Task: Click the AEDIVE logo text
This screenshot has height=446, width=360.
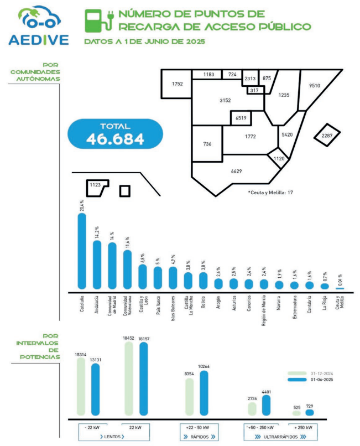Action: (x=39, y=40)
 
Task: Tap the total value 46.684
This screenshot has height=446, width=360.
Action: (x=115, y=139)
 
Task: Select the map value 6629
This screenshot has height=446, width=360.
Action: (x=236, y=171)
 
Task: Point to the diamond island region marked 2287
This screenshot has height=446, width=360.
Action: (x=327, y=135)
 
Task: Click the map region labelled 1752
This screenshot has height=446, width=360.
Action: (x=177, y=84)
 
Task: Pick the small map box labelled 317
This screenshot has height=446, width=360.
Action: (x=254, y=90)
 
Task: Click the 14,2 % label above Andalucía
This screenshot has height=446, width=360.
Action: (x=97, y=231)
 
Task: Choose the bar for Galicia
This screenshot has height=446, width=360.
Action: (x=203, y=281)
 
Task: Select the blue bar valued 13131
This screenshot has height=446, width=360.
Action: (x=95, y=388)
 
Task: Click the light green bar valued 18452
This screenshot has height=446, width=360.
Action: (x=129, y=378)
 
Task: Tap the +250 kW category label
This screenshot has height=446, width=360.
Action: (x=302, y=428)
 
